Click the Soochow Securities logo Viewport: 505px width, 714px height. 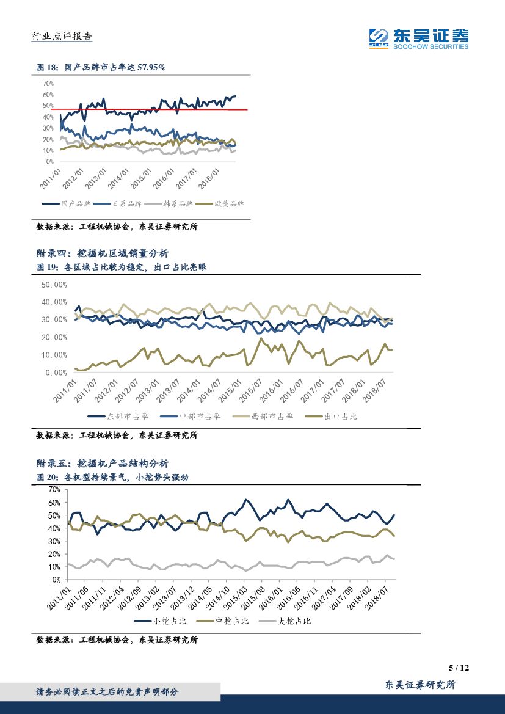[x=419, y=38]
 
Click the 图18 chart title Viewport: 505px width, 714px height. [x=101, y=68]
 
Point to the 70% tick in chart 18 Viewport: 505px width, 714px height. [x=48, y=83]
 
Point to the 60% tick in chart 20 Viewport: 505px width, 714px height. [x=54, y=503]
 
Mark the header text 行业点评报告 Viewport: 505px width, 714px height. [x=61, y=37]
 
